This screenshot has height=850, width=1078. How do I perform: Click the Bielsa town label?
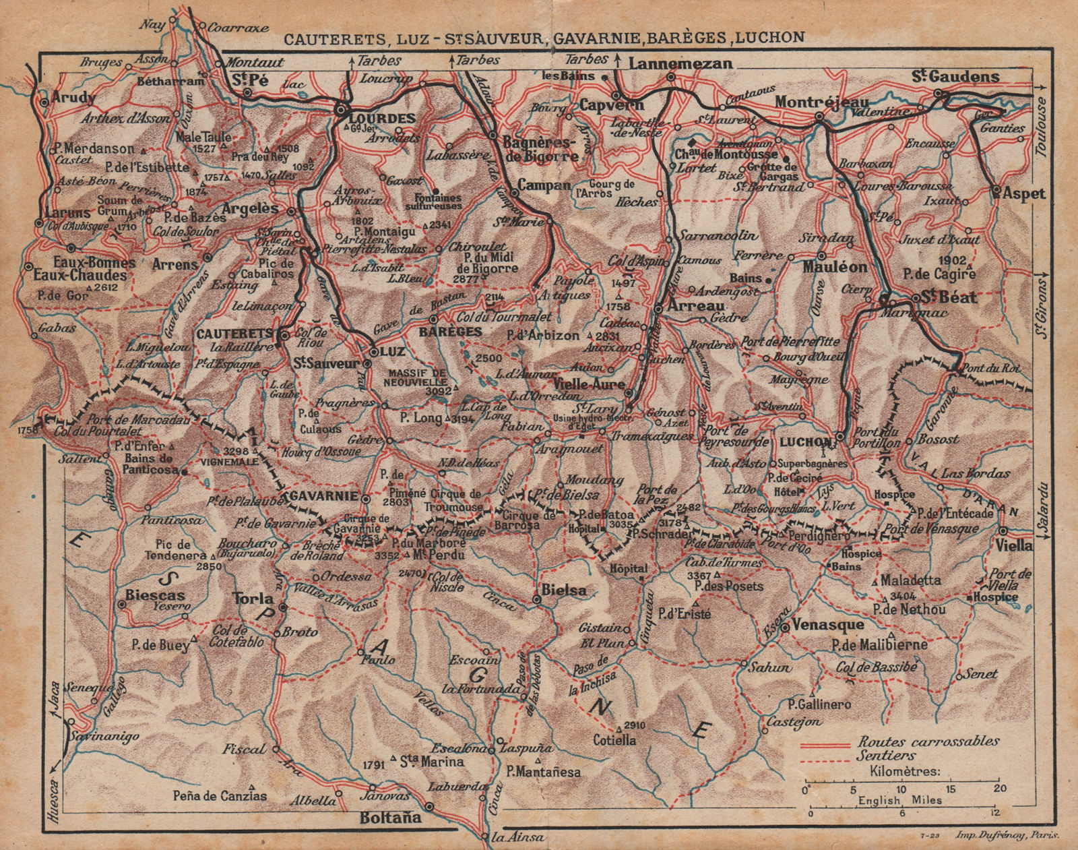click(563, 590)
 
